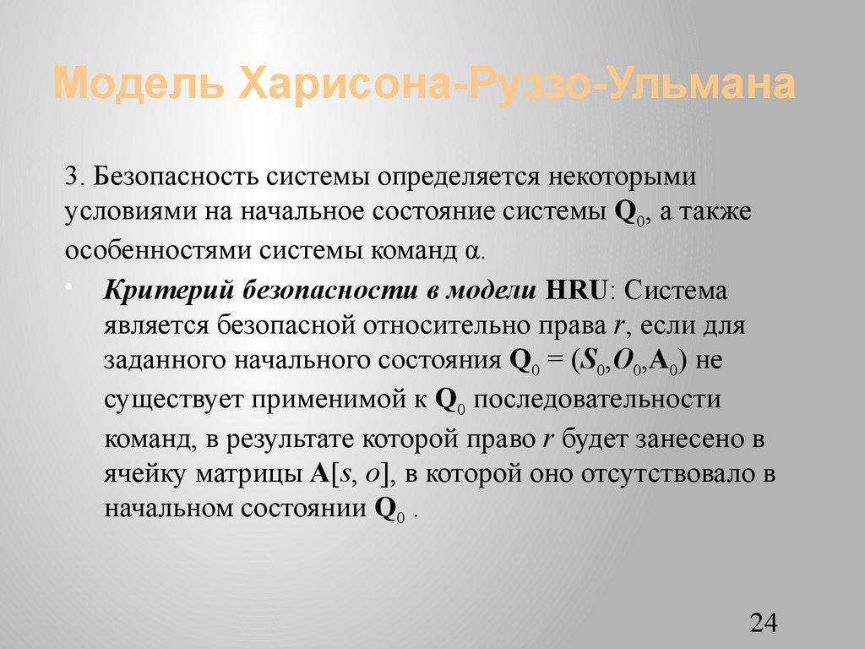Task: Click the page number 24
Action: click(762, 623)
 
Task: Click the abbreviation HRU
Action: click(575, 290)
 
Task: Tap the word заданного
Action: click(161, 362)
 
